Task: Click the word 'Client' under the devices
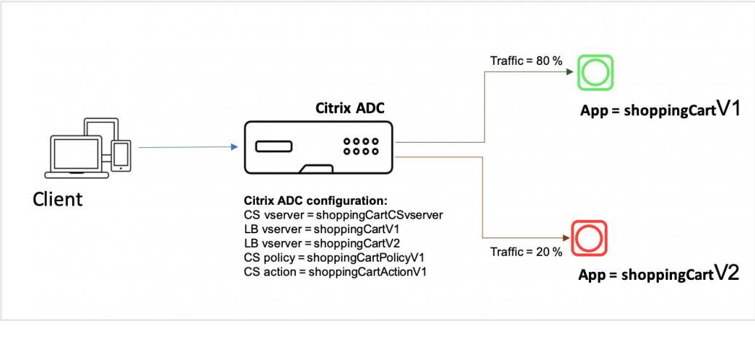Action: point(58,198)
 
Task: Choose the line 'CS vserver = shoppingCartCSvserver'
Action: point(343,215)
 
